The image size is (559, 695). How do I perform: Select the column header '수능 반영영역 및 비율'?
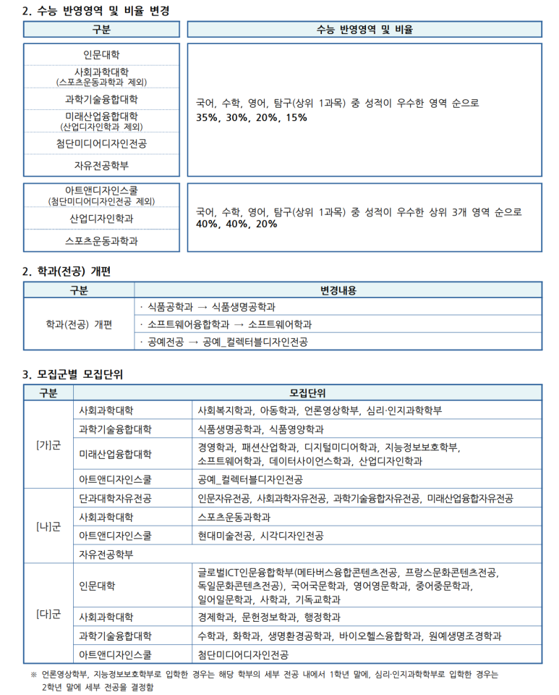tap(364, 30)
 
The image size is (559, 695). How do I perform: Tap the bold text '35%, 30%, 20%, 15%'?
tap(252, 117)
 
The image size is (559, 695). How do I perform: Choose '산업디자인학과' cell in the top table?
tap(101, 218)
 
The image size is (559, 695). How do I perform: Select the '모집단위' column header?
tap(307, 392)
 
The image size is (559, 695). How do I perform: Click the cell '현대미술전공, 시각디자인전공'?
tap(260, 536)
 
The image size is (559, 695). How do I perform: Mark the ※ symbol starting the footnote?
tap(33, 674)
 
